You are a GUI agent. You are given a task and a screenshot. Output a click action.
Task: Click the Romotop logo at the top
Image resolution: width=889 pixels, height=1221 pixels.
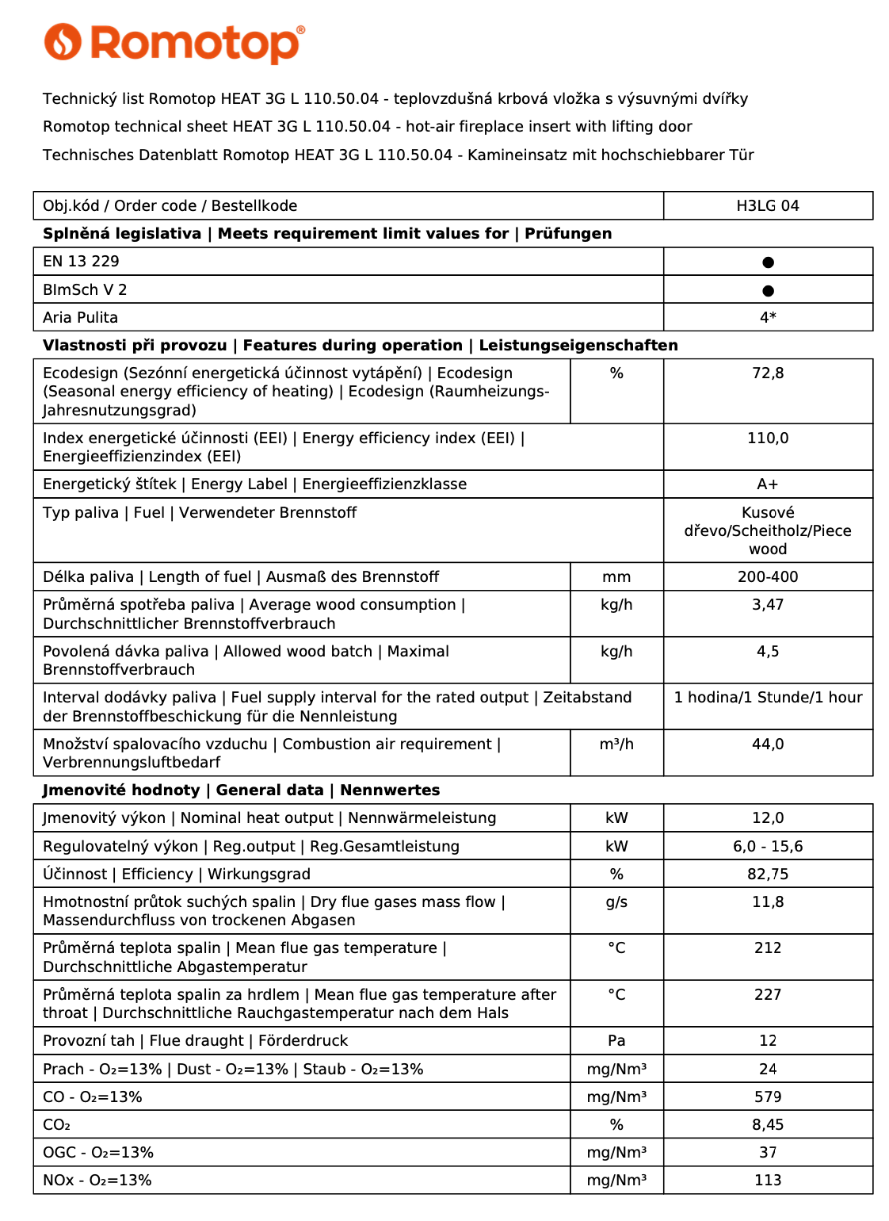[174, 43]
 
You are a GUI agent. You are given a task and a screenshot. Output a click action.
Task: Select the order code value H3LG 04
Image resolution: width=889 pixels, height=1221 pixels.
[767, 206]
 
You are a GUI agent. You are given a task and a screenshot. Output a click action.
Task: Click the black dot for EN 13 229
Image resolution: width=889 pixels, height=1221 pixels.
[768, 262]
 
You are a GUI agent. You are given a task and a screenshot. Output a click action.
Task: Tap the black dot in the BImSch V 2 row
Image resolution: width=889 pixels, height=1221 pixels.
[768, 291]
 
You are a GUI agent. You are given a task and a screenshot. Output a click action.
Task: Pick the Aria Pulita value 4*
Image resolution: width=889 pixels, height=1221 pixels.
[768, 318]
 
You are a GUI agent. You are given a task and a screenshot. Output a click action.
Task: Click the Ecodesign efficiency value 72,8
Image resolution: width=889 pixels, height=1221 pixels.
[768, 373]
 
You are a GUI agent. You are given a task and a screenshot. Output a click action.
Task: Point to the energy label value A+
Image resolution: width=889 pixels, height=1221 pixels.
[768, 484]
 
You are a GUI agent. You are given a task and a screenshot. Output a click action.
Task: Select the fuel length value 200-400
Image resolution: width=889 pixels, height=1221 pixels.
[768, 577]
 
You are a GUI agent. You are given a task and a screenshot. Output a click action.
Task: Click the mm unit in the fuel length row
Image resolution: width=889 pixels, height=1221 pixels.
[616, 577]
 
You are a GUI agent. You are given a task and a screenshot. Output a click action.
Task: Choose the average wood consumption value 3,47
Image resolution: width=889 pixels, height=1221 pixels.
[768, 605]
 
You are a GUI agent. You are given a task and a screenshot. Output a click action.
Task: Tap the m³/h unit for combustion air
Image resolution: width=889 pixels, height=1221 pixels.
[616, 744]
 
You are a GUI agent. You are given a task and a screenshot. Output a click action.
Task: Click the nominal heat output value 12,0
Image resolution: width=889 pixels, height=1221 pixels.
[768, 818]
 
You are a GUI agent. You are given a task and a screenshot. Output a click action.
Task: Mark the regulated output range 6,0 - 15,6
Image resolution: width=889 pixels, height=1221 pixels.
[768, 847]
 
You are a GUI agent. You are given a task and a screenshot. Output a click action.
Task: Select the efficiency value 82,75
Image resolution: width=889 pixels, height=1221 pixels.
[768, 875]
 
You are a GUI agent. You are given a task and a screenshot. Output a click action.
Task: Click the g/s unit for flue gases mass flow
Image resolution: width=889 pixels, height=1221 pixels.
[616, 902]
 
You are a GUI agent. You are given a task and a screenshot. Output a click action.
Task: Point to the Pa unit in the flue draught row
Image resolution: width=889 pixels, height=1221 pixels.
[616, 1041]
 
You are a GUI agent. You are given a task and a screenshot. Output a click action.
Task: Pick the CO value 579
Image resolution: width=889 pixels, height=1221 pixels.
[768, 1097]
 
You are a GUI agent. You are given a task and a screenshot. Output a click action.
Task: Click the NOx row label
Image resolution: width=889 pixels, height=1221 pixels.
[97, 1181]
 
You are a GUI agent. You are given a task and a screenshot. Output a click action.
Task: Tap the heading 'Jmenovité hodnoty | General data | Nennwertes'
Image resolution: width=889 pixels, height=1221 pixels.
[241, 790]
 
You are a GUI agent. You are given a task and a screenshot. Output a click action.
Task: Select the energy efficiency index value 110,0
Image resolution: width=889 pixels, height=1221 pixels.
[768, 438]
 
